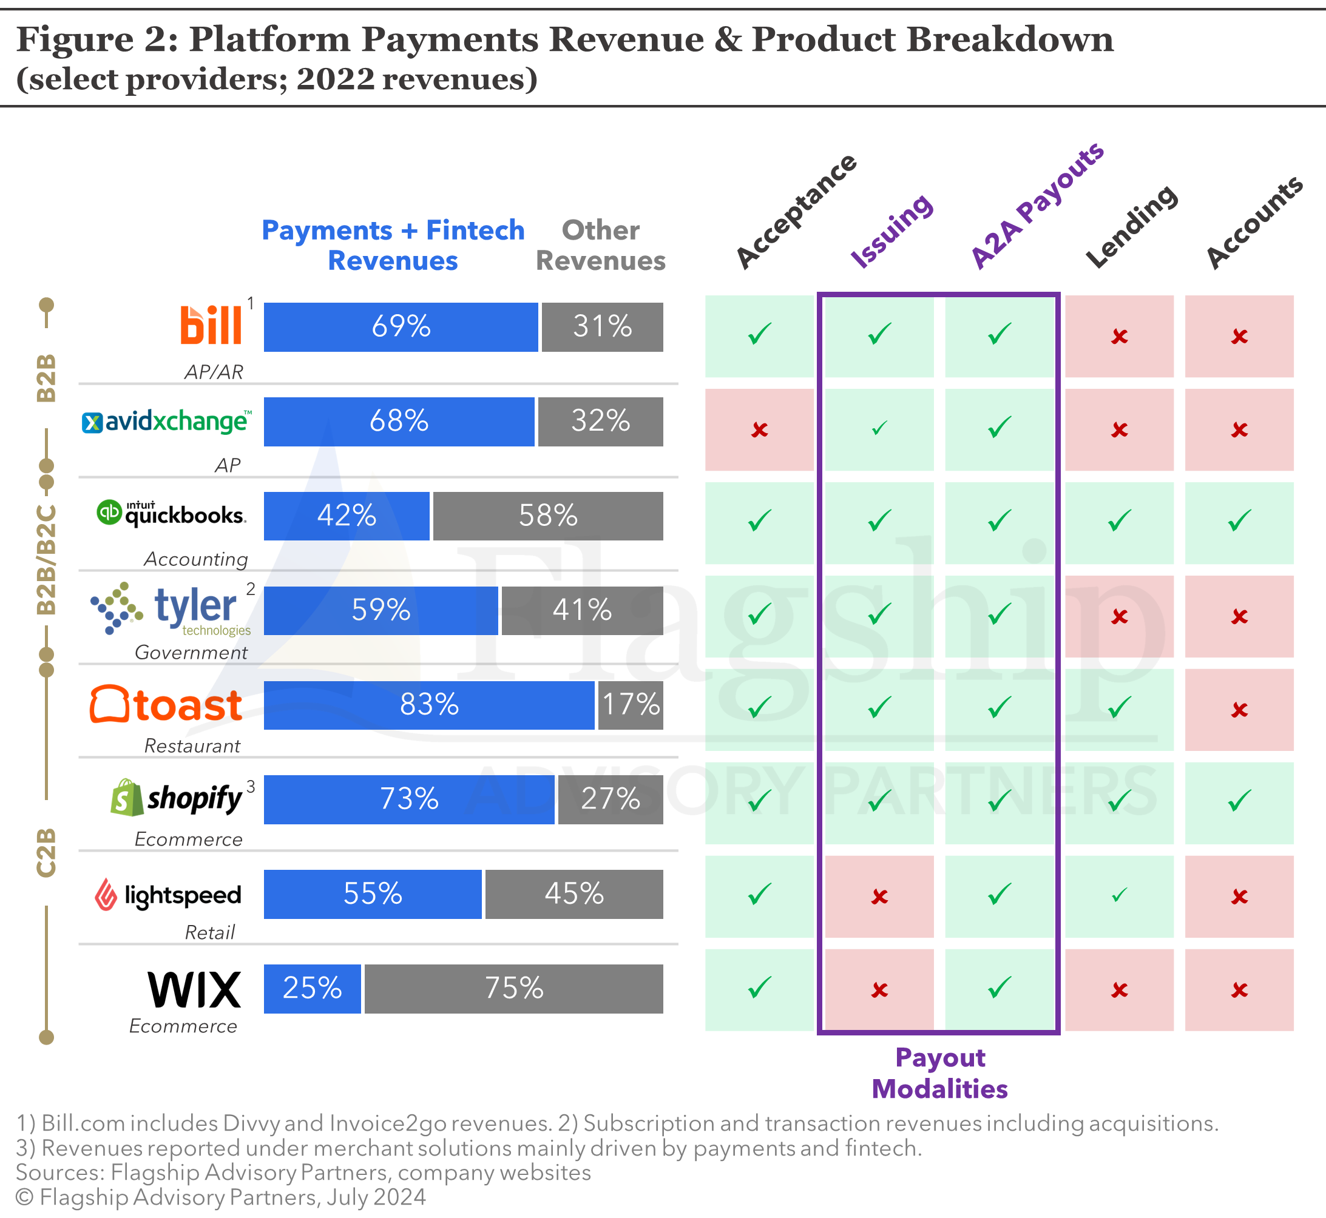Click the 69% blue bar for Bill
401,327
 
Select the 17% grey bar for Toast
631,705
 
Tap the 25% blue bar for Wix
312,989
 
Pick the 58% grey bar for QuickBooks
547,516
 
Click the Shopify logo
176,798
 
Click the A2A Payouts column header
1037,205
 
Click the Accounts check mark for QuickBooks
1239,521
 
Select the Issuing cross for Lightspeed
879,897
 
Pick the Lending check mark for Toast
1119,708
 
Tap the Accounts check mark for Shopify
1239,801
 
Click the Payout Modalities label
939,1073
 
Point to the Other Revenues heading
600,245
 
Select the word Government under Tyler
191,653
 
